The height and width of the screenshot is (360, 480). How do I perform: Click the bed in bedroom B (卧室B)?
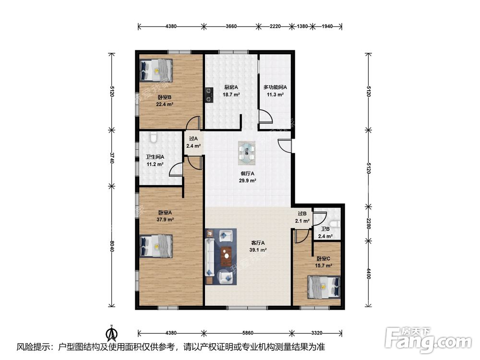pos(156,71)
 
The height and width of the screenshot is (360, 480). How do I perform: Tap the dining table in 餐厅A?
pos(247,153)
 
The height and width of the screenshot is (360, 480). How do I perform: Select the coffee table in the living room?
pos(227,256)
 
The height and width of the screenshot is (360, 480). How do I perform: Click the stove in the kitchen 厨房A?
pos(209,95)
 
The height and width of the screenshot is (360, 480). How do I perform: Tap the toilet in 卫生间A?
pos(154,137)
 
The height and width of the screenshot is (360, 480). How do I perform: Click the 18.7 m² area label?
pos(231,95)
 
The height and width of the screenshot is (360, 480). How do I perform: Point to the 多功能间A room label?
pos(275,87)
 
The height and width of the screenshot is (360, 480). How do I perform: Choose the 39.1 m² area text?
pos(257,250)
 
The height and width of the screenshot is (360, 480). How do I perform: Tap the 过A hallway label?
pos(193,139)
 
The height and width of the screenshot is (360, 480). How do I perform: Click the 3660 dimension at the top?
pos(231,26)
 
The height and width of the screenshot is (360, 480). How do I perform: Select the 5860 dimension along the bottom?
pos(248,333)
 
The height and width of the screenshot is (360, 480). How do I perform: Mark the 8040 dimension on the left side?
pos(112,246)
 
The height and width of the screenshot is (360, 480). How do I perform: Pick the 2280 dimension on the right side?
pos(368,223)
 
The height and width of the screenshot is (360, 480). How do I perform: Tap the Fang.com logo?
pos(428,340)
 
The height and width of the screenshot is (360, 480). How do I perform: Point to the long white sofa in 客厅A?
pos(210,256)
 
